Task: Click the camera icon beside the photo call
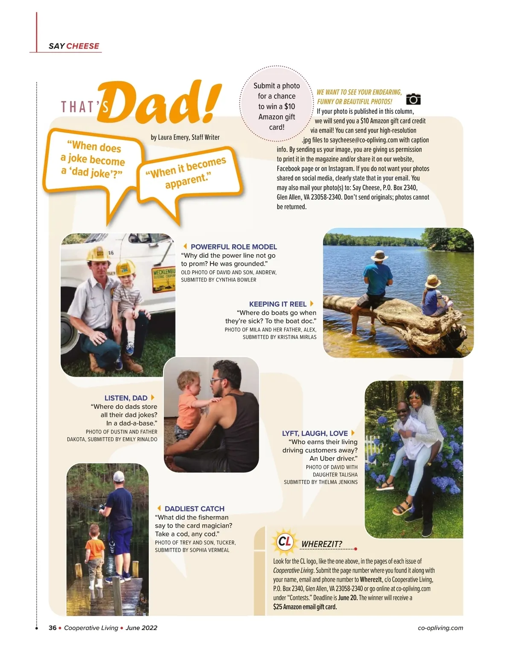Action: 413,99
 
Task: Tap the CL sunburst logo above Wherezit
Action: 285,541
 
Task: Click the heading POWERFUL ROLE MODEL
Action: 233,247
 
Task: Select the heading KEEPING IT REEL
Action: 278,304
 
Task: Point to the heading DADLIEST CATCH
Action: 194,509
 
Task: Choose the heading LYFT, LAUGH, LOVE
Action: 315,433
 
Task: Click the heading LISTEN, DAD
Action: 126,398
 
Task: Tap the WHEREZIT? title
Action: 322,544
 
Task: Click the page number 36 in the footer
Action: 52,628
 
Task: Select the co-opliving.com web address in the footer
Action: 440,628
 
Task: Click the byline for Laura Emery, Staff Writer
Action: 185,137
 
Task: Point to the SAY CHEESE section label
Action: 74,46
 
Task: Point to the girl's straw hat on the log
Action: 432,281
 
